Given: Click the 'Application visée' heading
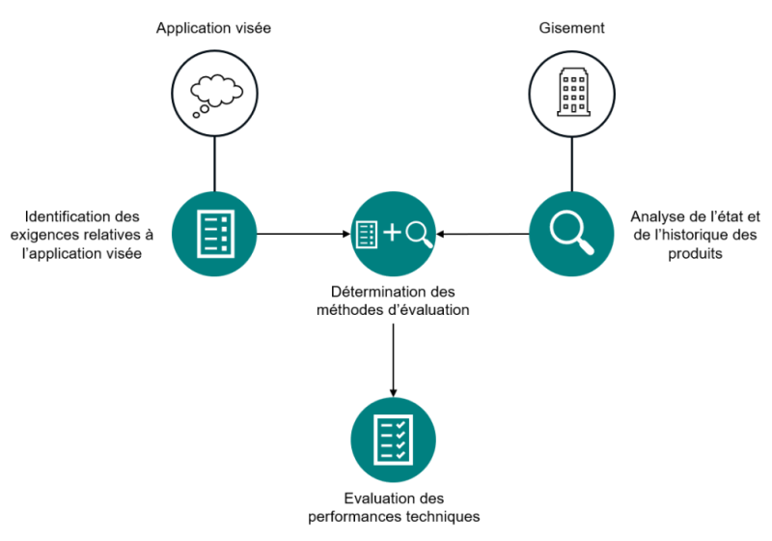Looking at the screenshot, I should (213, 28).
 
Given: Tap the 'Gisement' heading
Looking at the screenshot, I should (571, 28).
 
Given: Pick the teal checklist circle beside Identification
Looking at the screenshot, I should (213, 233).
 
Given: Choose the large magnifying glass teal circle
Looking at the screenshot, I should (571, 233).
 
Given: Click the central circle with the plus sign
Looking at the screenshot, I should (393, 233).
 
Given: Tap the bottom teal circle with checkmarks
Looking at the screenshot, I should (393, 440).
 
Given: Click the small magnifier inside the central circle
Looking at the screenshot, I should (420, 233).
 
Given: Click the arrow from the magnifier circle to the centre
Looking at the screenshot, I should (482, 233).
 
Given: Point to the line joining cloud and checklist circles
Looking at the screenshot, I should (213, 162).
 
